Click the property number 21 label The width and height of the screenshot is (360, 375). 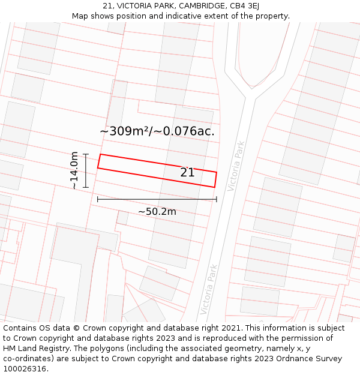click(x=187, y=173)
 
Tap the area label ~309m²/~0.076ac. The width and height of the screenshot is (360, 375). click(x=157, y=131)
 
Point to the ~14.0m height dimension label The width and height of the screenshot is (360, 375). click(x=74, y=170)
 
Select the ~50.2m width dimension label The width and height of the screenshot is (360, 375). click(x=157, y=212)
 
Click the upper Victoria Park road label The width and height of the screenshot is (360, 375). click(x=236, y=166)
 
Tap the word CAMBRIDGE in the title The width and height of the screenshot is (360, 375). click(x=192, y=6)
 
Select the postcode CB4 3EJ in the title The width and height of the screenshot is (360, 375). click(x=244, y=6)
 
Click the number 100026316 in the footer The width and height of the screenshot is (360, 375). click(x=25, y=369)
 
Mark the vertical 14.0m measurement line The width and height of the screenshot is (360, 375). click(x=86, y=170)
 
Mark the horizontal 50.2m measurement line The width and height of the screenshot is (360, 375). click(x=157, y=199)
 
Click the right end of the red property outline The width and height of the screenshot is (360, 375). click(x=215, y=179)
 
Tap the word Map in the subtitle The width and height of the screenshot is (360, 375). click(x=80, y=16)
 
